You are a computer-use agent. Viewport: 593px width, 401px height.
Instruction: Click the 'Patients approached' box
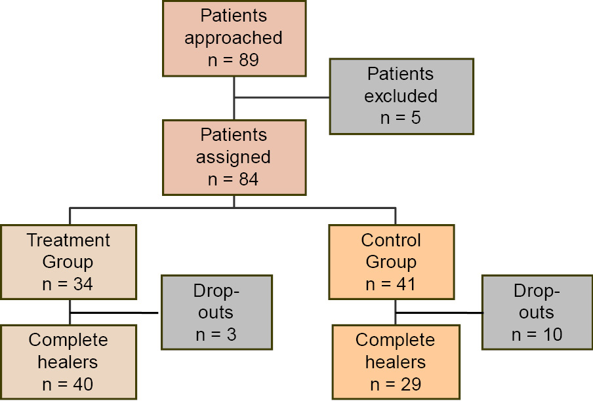click(234, 39)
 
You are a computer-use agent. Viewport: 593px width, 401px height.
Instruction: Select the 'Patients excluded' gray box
click(401, 96)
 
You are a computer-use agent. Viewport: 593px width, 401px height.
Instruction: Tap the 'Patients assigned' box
click(234, 157)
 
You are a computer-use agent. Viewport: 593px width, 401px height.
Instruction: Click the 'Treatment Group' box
click(68, 262)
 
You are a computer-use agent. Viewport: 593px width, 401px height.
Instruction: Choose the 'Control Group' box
click(392, 262)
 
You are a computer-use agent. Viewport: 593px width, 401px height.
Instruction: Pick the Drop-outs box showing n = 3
click(216, 313)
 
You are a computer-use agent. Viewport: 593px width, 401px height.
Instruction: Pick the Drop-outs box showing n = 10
click(537, 313)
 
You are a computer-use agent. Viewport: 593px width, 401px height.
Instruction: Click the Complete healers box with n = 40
click(68, 362)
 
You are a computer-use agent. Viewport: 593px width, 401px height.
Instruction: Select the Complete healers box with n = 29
click(396, 362)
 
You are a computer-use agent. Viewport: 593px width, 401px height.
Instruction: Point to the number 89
click(249, 60)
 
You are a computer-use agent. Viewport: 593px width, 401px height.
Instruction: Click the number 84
click(249, 180)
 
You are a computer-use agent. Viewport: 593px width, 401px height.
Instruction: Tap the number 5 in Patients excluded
click(416, 118)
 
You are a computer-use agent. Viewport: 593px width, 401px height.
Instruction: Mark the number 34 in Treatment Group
click(83, 284)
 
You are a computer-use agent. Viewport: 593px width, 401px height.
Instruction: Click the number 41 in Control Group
click(406, 284)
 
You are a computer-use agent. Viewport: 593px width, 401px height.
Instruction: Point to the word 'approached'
click(234, 39)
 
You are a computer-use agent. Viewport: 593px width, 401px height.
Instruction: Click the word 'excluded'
click(401, 96)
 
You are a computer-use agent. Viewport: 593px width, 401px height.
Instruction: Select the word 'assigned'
click(234, 158)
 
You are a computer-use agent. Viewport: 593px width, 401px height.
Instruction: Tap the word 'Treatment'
click(68, 240)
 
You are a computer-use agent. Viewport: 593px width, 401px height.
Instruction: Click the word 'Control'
click(391, 240)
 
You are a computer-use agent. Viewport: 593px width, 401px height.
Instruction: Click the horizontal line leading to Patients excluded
click(282, 98)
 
